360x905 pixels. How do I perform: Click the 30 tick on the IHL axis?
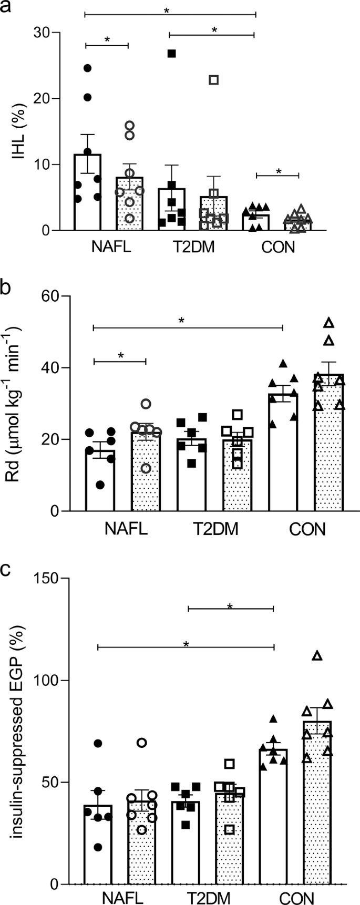(x=46, y=33)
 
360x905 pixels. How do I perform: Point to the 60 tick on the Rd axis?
(x=46, y=296)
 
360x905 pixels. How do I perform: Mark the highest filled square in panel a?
(x=171, y=53)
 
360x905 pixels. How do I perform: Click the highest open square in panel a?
(x=213, y=80)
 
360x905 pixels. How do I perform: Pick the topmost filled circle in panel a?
(x=87, y=68)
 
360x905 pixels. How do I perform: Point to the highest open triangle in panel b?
(x=329, y=322)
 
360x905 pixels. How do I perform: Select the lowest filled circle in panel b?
(x=100, y=485)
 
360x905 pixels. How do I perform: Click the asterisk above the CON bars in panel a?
(x=278, y=171)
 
